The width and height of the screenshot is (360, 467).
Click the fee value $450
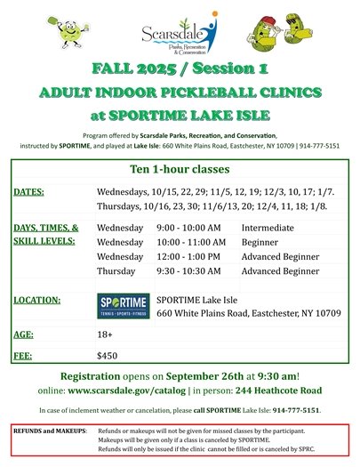coord(108,355)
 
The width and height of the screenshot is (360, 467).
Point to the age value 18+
coord(105,334)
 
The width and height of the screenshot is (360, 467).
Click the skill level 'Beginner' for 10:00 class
coord(263,242)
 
